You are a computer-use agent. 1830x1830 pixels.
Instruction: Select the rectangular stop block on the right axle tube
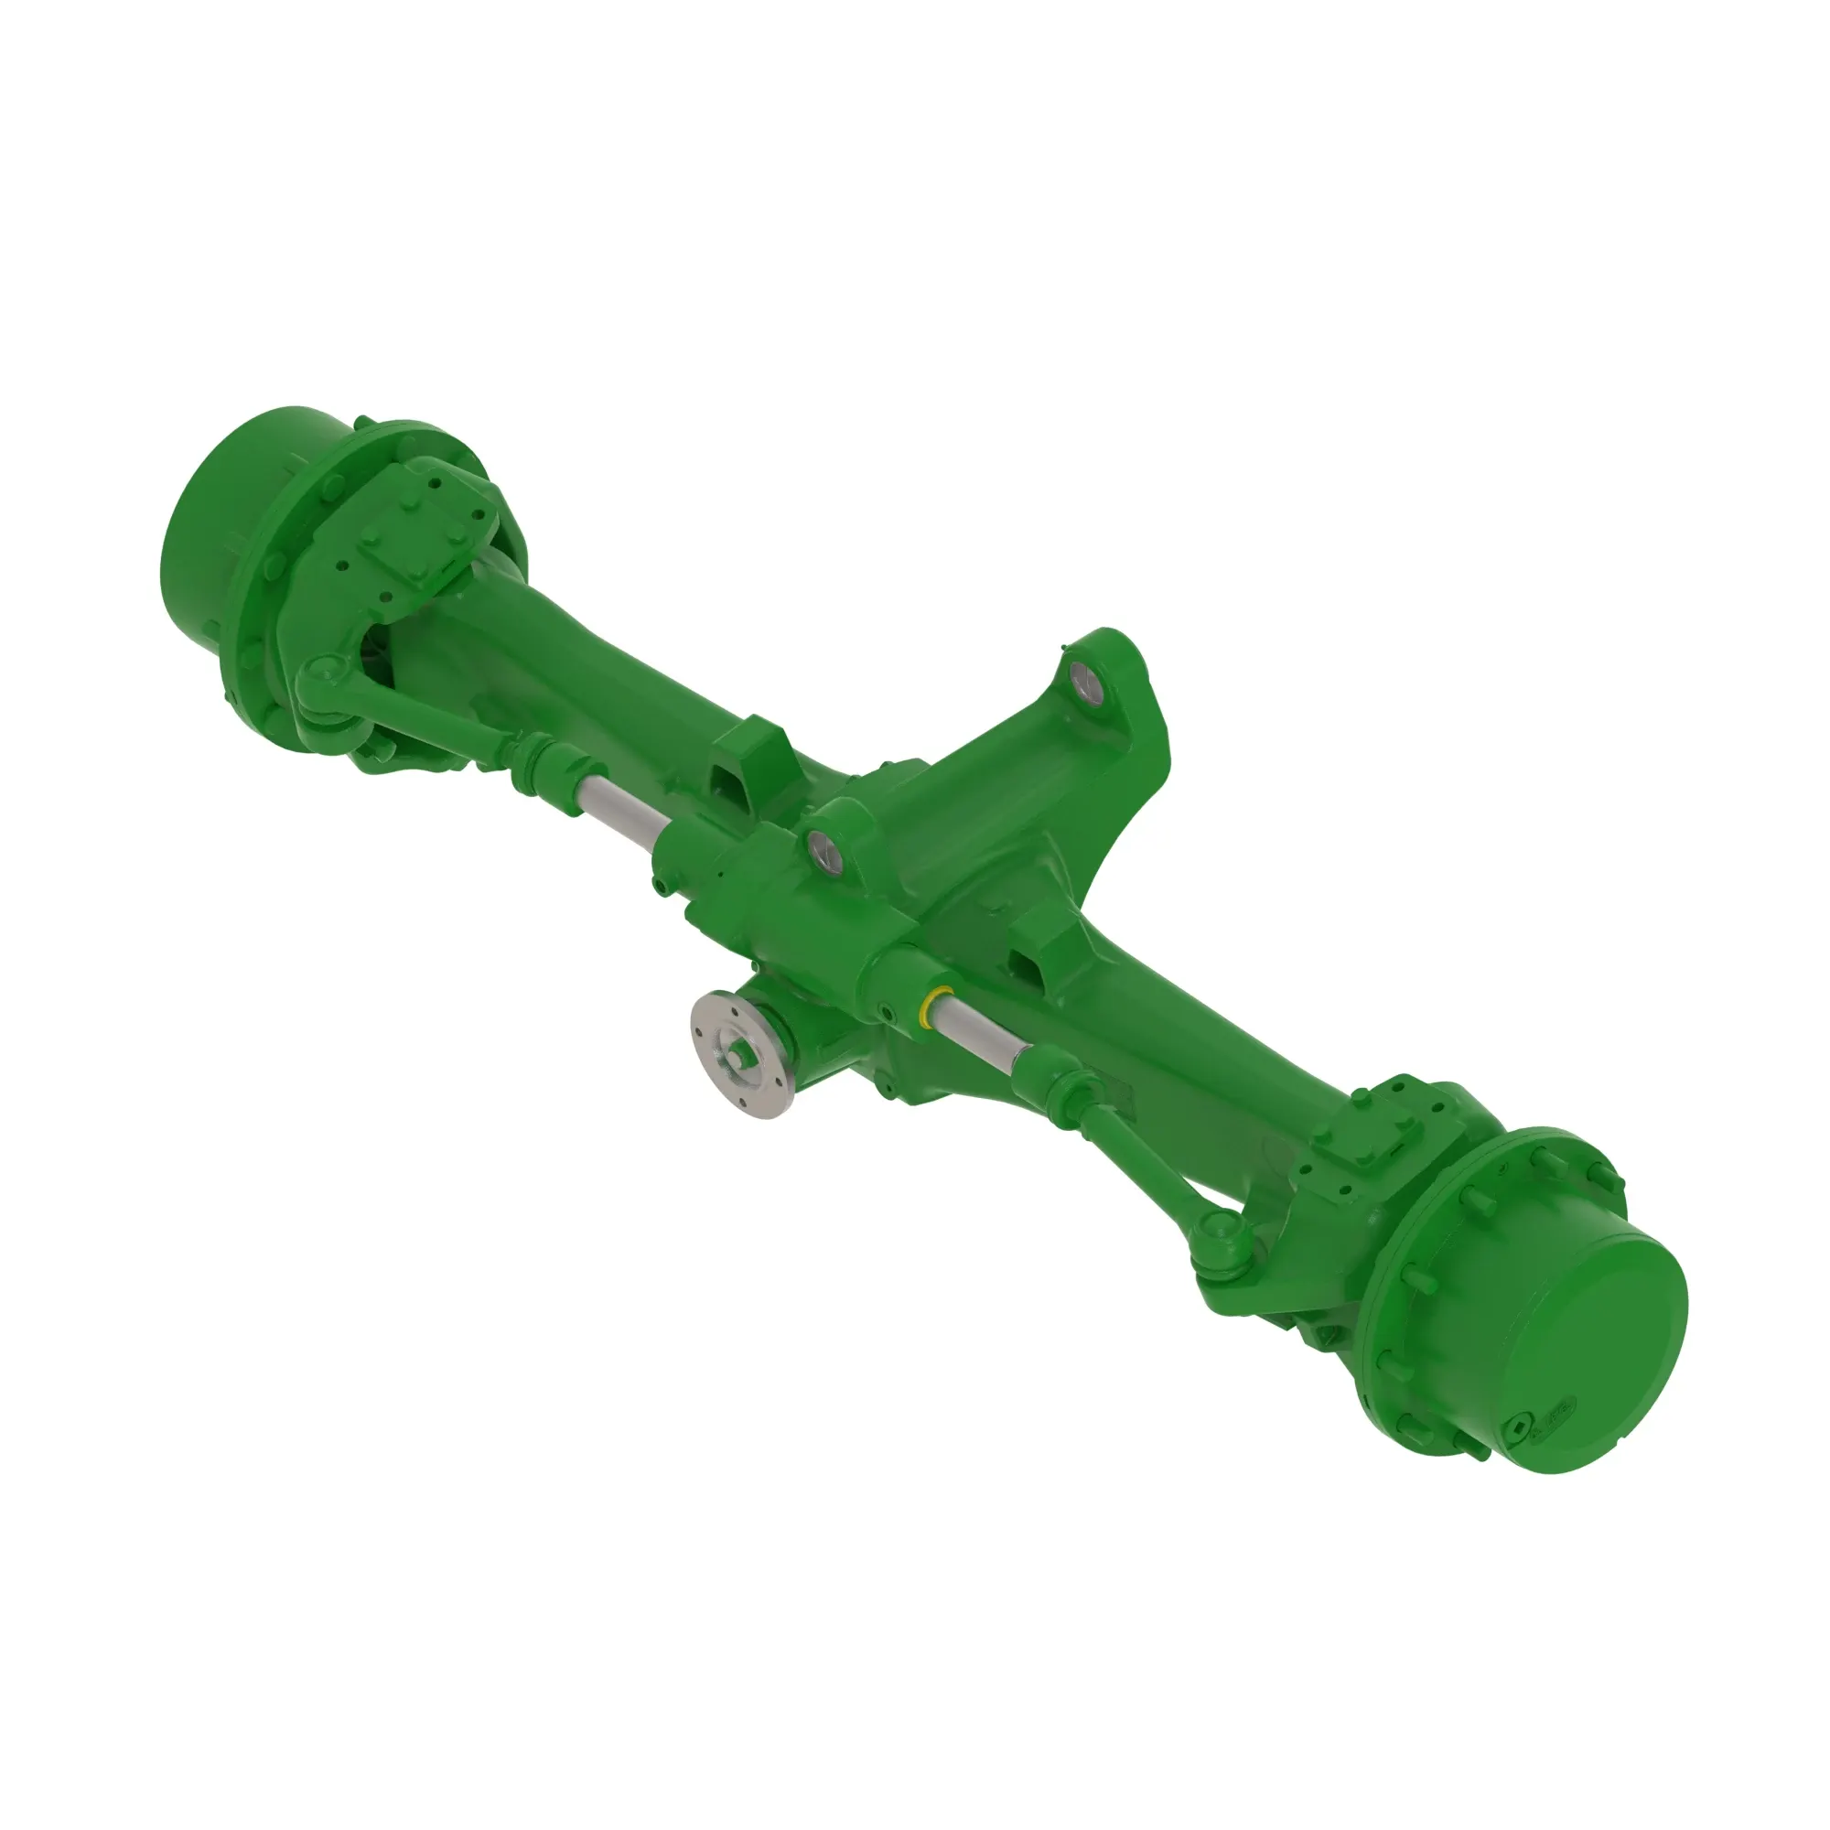click(x=1042, y=957)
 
